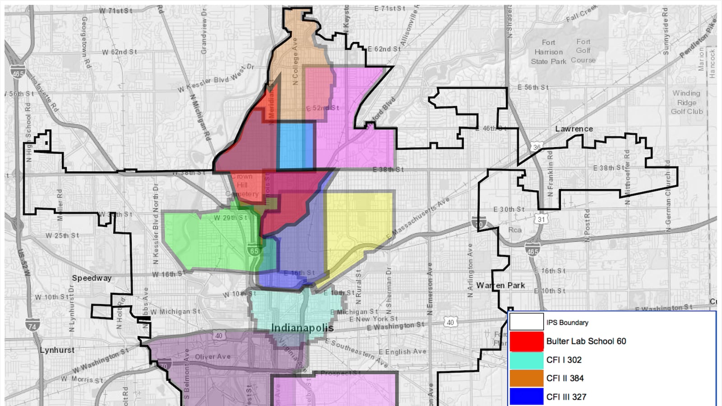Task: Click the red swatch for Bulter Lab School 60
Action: click(526, 341)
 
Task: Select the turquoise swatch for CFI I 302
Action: click(526, 360)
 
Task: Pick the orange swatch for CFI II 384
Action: click(526, 378)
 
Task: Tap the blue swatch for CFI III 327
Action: click(526, 397)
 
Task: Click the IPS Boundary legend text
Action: click(567, 323)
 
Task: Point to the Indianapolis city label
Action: click(302, 328)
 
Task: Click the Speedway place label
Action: click(92, 278)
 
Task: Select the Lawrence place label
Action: click(574, 129)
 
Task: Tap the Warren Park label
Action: click(500, 286)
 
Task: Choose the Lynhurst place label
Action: click(57, 350)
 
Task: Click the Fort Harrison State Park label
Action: click(548, 52)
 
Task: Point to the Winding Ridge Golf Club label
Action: click(686, 102)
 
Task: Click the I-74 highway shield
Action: click(32, 325)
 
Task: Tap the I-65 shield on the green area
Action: click(255, 251)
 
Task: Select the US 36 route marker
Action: click(537, 147)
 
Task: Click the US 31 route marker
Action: click(541, 220)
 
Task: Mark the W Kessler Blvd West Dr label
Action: click(216, 78)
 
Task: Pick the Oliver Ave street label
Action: click(213, 357)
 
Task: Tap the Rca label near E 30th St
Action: click(514, 230)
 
